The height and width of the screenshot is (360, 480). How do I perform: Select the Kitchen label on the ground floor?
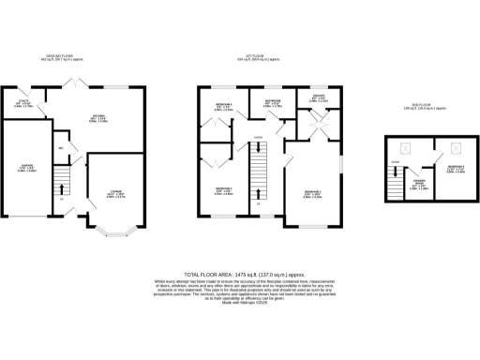tap(99, 118)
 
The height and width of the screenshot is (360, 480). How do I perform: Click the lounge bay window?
tap(116, 229)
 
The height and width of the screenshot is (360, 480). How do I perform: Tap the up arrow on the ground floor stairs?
tap(62, 200)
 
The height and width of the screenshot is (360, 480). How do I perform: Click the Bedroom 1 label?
tap(312, 195)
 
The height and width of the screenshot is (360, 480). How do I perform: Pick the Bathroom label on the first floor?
tap(274, 103)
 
